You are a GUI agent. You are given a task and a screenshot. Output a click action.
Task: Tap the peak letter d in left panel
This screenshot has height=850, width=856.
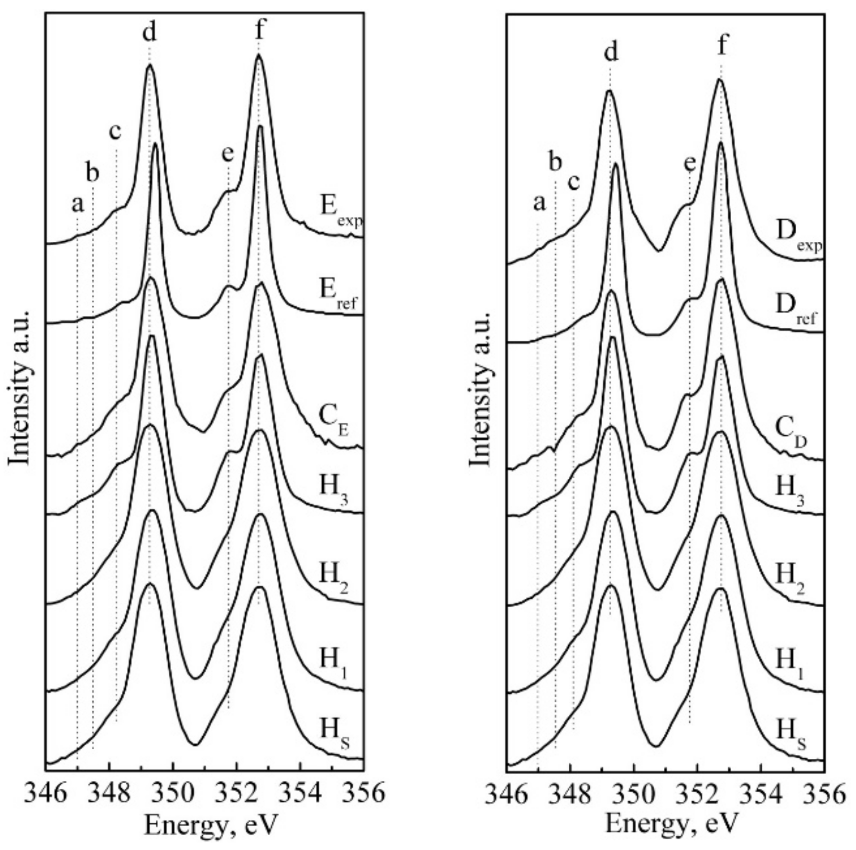149,32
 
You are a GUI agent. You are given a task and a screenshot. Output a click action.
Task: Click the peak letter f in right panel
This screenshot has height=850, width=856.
722,46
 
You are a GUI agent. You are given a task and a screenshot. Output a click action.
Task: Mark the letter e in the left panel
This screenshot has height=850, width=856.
228,154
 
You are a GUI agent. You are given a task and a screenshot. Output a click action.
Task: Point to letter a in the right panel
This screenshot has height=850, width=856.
539,203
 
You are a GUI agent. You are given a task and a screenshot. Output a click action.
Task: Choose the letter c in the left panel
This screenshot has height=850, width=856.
115,131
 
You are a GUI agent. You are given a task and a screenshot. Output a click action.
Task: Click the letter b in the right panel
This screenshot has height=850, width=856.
555,162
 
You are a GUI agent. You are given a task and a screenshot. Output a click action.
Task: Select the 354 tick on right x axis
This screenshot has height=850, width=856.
761,791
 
